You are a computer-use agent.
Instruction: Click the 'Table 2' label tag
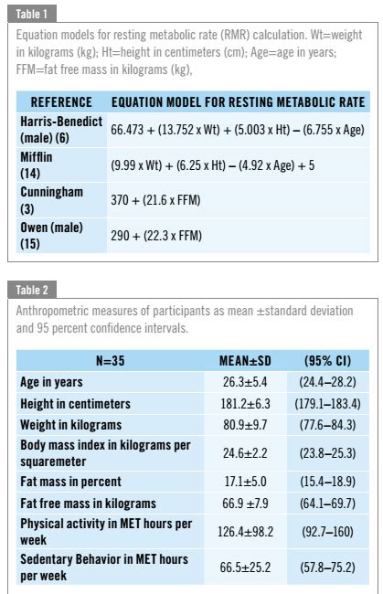coord(34,290)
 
